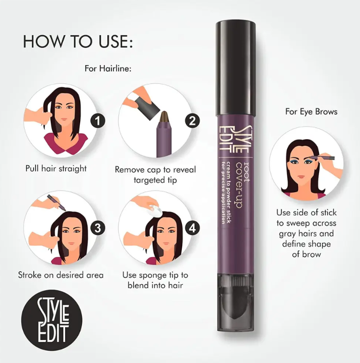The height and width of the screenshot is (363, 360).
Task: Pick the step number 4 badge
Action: [192, 228]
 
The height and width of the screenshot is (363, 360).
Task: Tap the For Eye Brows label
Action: [311, 111]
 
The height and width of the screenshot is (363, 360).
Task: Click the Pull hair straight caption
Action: [56, 169]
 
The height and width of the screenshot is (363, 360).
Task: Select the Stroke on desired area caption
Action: [61, 275]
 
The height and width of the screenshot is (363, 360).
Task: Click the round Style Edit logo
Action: [53, 320]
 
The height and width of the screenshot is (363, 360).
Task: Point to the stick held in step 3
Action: [58, 202]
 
